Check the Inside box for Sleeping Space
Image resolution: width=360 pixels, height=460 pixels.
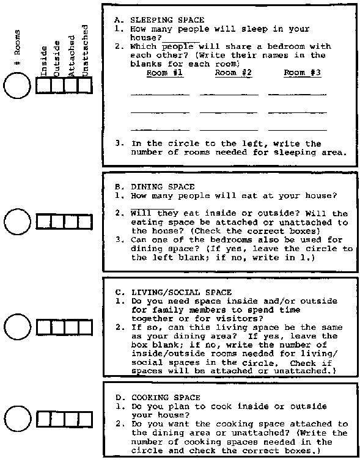point(43,86)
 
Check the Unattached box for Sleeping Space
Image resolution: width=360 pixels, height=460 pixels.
point(86,86)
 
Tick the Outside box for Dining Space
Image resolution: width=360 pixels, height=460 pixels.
point(57,222)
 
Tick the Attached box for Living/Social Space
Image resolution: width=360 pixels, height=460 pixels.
point(72,327)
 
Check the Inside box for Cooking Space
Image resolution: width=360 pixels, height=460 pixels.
point(43,419)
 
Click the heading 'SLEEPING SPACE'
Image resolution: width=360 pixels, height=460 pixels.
point(167,20)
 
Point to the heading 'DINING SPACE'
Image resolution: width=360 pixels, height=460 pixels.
point(163,187)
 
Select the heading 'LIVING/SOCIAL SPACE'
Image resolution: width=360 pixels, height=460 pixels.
point(182,293)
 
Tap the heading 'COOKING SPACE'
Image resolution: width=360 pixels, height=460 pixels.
point(166,398)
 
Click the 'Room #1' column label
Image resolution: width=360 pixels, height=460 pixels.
point(165,73)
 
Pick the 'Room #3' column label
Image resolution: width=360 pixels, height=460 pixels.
point(303,73)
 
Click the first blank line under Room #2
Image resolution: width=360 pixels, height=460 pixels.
point(229,95)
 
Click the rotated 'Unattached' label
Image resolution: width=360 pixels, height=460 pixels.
point(85,51)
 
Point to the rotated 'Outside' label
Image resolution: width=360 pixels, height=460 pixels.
point(57,59)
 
